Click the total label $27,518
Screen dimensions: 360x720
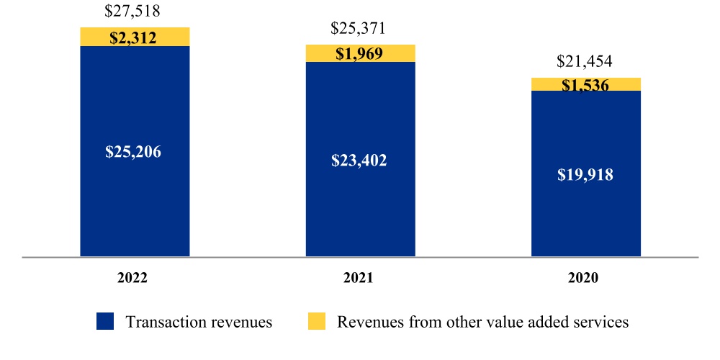pyautogui.click(x=132, y=11)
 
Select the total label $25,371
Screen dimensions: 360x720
pyautogui.click(x=359, y=29)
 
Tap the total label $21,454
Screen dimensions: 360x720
pyautogui.click(x=585, y=61)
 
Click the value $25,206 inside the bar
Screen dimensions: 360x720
pyautogui.click(x=135, y=152)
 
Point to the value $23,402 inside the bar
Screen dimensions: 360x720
pyautogui.click(x=360, y=161)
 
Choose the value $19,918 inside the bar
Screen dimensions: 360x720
pyautogui.click(x=585, y=175)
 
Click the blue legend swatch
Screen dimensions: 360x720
pyautogui.click(x=105, y=321)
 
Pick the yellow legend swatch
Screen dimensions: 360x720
pyautogui.click(x=317, y=321)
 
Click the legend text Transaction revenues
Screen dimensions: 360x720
pyautogui.click(x=199, y=322)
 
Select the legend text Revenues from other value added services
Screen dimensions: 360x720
pyautogui.click(x=482, y=322)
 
